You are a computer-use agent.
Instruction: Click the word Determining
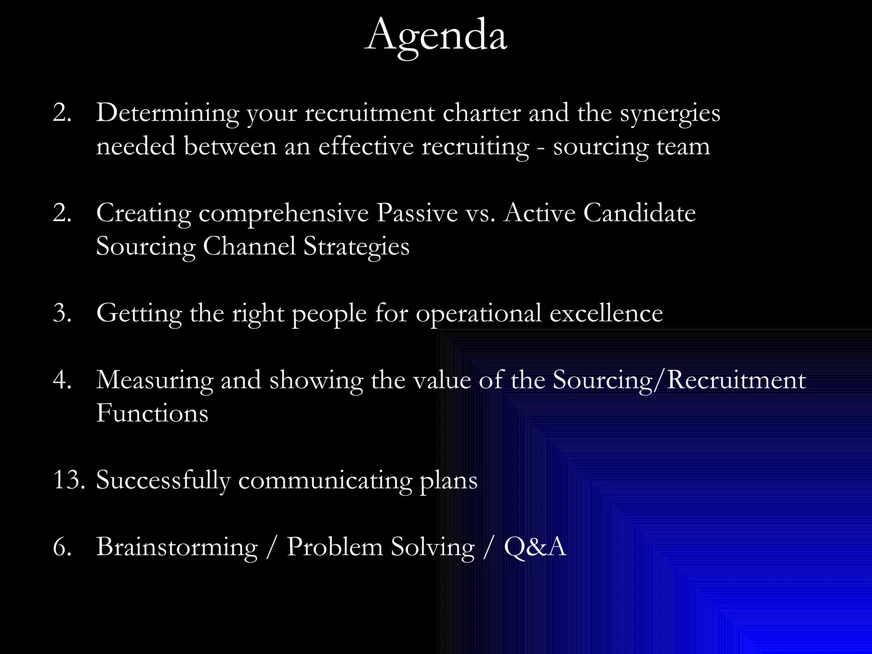pos(167,113)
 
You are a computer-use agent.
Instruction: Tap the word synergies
pos(670,113)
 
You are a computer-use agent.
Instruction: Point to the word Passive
pos(417,213)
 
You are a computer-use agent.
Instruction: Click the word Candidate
pos(639,213)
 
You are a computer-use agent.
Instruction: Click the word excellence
pos(606,313)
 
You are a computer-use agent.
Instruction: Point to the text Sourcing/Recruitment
pos(679,380)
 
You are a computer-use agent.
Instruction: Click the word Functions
pos(152,413)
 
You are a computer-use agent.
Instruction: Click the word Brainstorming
pos(177,547)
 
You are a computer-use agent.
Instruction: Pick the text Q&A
pos(535,547)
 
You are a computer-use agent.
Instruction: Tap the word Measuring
pos(154,380)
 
